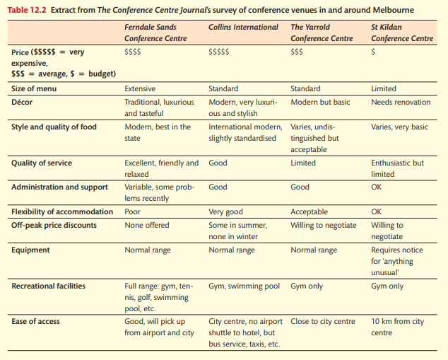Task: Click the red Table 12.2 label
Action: [27, 10]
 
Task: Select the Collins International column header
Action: [243, 27]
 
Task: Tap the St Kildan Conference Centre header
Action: [402, 33]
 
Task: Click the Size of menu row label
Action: [34, 88]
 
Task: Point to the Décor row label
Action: [22, 102]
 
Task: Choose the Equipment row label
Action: [30, 250]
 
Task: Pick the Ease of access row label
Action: [36, 321]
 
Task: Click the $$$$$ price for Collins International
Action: [219, 52]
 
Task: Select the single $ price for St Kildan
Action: [373, 52]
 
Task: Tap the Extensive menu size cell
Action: [140, 88]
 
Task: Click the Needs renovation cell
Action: [401, 102]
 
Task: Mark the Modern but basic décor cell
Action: [320, 102]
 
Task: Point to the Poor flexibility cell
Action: [132, 211]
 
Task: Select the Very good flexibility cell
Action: [225, 211]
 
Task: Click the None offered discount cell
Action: [147, 225]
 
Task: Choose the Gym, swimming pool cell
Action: [244, 286]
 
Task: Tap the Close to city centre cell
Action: [323, 321]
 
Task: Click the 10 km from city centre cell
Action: [397, 327]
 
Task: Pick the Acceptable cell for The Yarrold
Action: [309, 211]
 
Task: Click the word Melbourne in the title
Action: [394, 10]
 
